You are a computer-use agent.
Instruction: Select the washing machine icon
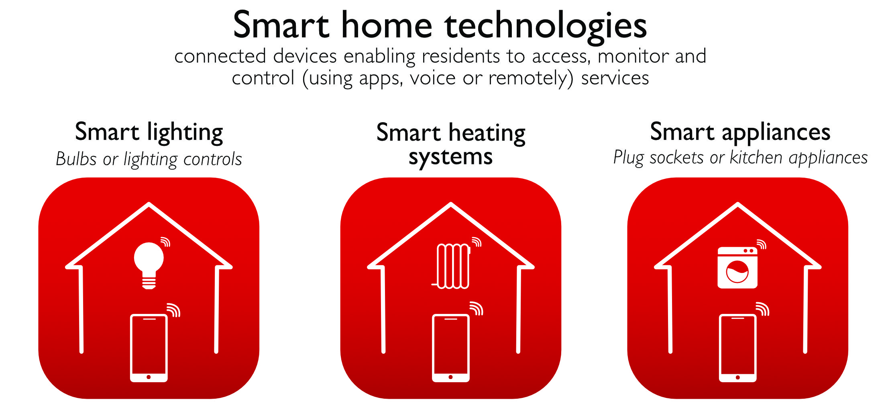pyautogui.click(x=737, y=268)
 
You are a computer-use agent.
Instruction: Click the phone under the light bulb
pyautogui.click(x=149, y=348)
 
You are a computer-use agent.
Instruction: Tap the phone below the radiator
pyautogui.click(x=451, y=348)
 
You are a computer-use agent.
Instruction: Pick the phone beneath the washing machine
pyautogui.click(x=738, y=348)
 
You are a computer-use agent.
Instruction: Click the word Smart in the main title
pyautogui.click(x=281, y=25)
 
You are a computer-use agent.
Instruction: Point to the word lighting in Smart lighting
pyautogui.click(x=185, y=133)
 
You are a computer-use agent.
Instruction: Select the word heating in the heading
pyautogui.click(x=487, y=133)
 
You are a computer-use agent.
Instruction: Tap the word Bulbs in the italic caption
pyautogui.click(x=76, y=159)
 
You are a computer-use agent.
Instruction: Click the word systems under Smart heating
pyautogui.click(x=450, y=157)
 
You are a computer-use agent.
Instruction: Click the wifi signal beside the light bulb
pyautogui.click(x=165, y=242)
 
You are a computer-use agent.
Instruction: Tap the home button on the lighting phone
pyautogui.click(x=149, y=377)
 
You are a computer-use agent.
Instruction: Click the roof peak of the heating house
pyautogui.click(x=451, y=203)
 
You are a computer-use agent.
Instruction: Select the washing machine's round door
pyautogui.click(x=737, y=272)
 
